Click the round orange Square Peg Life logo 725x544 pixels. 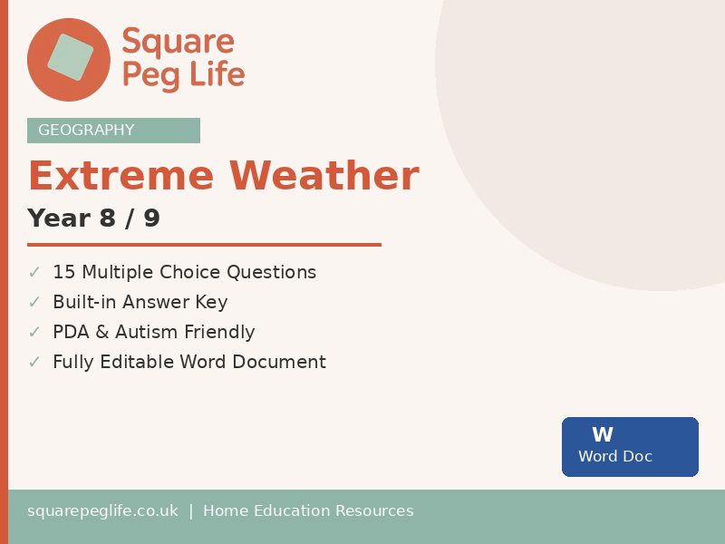tap(69, 59)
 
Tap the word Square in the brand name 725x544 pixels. tap(178, 42)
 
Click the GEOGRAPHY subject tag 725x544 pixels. tap(86, 131)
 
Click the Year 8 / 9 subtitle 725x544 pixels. tap(93, 219)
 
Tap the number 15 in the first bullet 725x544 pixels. tap(63, 272)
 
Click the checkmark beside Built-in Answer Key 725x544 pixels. tap(34, 302)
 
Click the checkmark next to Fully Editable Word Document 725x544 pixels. tap(34, 362)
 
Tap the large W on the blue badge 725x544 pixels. tap(603, 435)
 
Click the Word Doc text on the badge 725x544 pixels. tap(615, 457)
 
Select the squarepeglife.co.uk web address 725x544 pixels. tap(102, 511)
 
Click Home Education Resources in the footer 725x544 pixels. tap(308, 511)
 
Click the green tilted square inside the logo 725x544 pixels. tap(71, 57)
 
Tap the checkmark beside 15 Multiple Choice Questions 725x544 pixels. tap(34, 272)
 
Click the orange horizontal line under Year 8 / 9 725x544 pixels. tap(204, 245)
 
